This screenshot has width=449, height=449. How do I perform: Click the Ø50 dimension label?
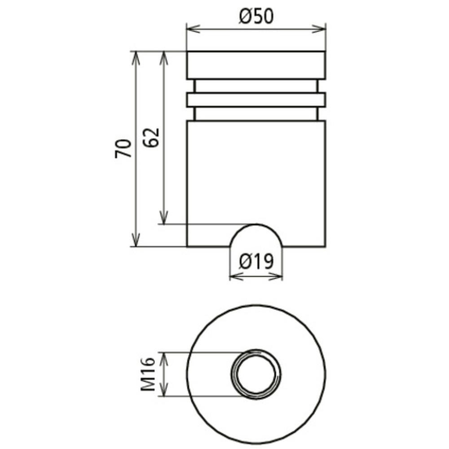click(x=256, y=16)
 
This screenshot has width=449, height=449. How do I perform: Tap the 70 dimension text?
click(x=123, y=148)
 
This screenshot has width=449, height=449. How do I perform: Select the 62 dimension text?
click(x=151, y=137)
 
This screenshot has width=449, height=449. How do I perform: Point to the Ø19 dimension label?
click(x=256, y=261)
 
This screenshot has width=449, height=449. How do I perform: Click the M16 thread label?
click(x=148, y=374)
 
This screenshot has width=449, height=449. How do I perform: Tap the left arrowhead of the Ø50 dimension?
click(x=193, y=29)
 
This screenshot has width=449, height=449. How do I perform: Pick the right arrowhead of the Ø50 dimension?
click(x=319, y=29)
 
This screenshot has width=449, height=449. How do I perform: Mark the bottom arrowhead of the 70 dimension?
click(x=136, y=240)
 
